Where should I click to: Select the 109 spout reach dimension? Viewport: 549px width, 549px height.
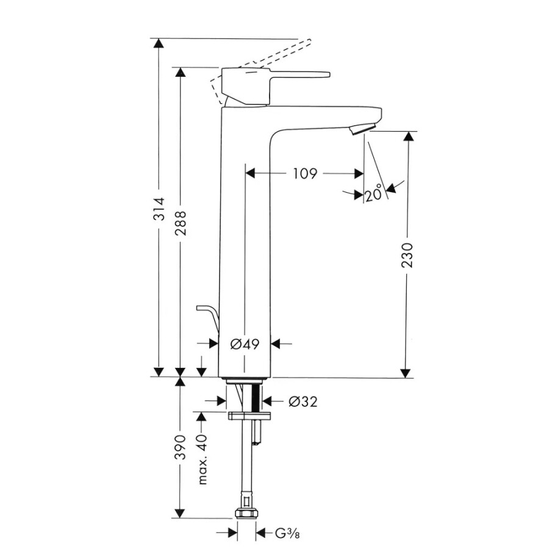(x=304, y=174)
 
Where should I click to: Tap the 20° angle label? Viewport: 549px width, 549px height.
(x=375, y=195)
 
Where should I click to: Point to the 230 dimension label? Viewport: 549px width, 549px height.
(x=408, y=255)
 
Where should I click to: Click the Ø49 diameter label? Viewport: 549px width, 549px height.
(x=245, y=344)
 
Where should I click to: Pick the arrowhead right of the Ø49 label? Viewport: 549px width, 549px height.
(x=275, y=344)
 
